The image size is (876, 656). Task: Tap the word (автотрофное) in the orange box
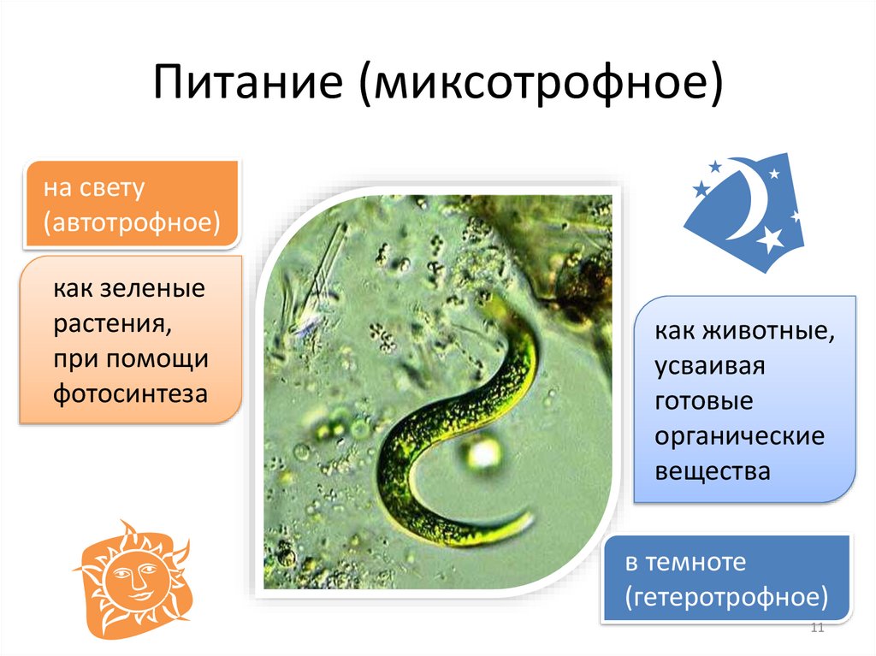[x=132, y=223]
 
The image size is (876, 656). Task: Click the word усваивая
[x=709, y=366]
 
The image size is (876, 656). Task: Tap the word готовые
[x=703, y=401]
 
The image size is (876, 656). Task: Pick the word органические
[x=739, y=436]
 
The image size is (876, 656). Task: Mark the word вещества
[x=713, y=471]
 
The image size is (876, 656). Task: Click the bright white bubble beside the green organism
[x=484, y=451]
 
